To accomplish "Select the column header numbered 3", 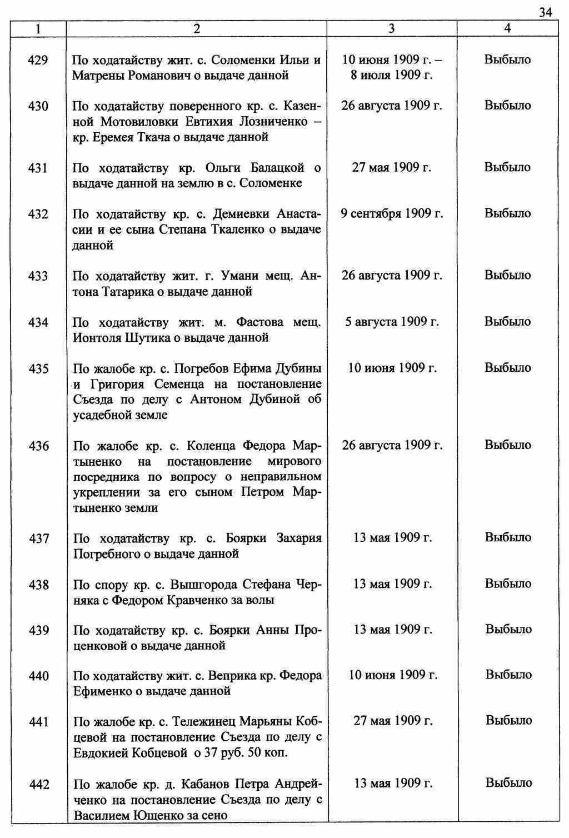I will pos(392,29).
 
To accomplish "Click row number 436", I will pos(38,446).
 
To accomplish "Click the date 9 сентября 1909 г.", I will pos(392,213).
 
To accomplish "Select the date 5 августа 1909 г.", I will pos(392,322).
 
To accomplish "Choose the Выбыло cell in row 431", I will pos(507,167).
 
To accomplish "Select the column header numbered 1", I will pos(38,29).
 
